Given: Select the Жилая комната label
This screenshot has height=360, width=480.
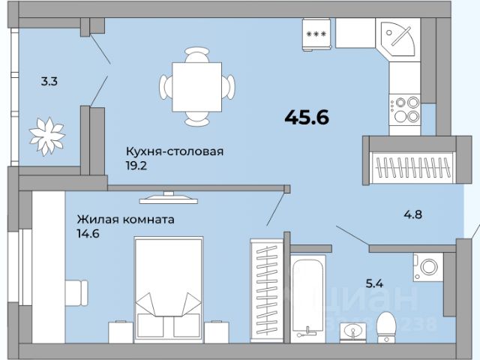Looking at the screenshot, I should click(126, 220).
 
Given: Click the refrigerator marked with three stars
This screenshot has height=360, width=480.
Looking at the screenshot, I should click(316, 34).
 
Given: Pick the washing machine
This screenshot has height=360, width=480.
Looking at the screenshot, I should click(429, 268).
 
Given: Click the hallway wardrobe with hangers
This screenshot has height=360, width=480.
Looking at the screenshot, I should click(409, 160).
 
